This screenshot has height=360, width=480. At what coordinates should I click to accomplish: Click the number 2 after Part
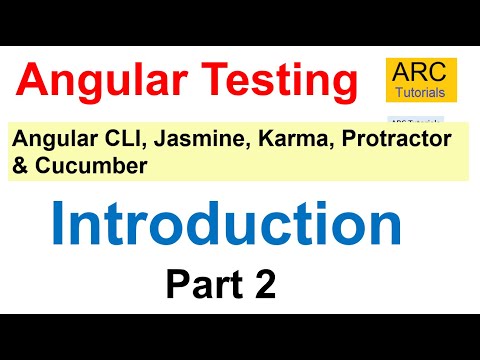(x=265, y=286)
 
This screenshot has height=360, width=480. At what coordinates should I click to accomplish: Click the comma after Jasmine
(x=218, y=148)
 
